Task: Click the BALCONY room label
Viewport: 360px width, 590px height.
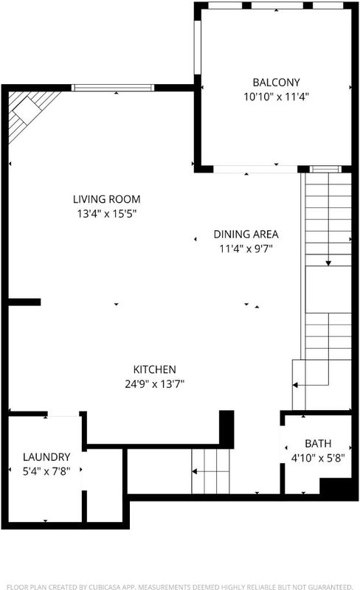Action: pos(276,82)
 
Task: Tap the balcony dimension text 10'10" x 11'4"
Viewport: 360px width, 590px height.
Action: pos(276,97)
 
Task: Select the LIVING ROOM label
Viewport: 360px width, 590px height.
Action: pos(106,199)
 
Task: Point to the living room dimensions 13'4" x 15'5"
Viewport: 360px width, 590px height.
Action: pos(106,214)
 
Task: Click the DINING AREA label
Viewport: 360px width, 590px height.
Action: pos(246,234)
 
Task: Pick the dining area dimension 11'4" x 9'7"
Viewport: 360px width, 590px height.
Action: pos(246,249)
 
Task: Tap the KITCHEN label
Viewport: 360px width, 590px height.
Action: pos(154,369)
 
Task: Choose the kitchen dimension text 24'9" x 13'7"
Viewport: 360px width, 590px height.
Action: pos(154,383)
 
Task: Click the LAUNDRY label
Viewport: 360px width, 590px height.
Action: pos(46,457)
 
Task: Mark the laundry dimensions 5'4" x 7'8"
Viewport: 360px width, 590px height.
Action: pos(46,471)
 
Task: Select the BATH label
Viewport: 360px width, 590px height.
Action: pos(318,444)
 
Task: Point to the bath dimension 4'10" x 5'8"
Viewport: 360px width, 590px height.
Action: pos(318,458)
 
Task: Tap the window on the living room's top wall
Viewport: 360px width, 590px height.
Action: pos(113,88)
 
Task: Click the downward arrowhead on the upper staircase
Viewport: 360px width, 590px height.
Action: pos(328,263)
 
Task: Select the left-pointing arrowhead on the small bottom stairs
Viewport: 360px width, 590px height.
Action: pos(195,471)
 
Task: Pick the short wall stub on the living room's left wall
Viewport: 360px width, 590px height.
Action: pos(24,302)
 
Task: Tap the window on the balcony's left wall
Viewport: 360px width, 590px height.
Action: pos(197,47)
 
